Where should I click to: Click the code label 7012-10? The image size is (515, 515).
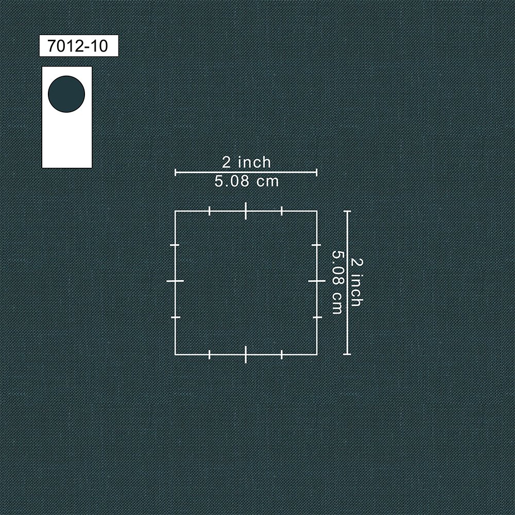tap(78, 46)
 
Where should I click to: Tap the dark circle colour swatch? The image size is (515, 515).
tap(66, 94)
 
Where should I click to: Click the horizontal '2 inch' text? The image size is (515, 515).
tap(247, 162)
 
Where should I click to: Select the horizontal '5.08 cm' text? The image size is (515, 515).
tap(247, 181)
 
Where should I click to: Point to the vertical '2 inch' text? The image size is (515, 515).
tap(357, 282)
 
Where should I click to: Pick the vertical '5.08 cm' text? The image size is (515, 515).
tap(337, 282)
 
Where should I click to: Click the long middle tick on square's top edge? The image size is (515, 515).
tap(246, 211)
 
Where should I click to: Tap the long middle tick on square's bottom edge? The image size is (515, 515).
tap(246, 355)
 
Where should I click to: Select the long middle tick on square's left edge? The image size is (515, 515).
tap(175, 281)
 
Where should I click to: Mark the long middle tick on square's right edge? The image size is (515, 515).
tap(317, 281)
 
